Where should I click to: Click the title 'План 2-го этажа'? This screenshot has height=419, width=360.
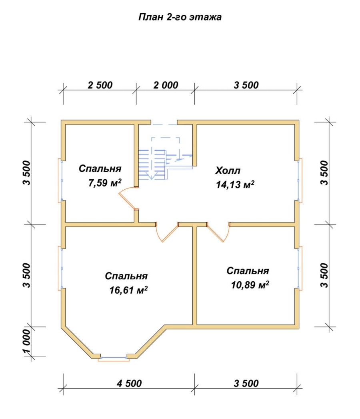tap(180, 17)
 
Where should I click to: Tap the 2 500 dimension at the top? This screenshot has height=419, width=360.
tap(100, 85)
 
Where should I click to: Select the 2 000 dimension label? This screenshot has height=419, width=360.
tap(166, 85)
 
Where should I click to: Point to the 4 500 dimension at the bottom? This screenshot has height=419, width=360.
tap(129, 383)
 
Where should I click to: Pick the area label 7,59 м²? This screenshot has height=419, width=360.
tap(105, 183)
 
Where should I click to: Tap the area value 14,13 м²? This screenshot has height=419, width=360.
tap(235, 184)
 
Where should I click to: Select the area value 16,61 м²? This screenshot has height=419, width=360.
tap(128, 290)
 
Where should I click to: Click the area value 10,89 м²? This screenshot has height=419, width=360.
tap(250, 285)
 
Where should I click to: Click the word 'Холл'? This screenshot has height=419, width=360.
tap(228, 170)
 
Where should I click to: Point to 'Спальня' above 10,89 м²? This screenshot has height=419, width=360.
tap(248, 271)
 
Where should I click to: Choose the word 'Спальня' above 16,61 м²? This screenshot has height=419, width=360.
tap(126, 276)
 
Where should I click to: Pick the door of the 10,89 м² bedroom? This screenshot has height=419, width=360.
tap(218, 232)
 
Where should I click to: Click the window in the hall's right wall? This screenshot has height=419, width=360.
tap(300, 180)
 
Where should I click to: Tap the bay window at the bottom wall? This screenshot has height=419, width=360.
tap(114, 359)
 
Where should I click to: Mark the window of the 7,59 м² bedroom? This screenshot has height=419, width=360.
tap(60, 180)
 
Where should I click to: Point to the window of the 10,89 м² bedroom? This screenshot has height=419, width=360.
tap(300, 268)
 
